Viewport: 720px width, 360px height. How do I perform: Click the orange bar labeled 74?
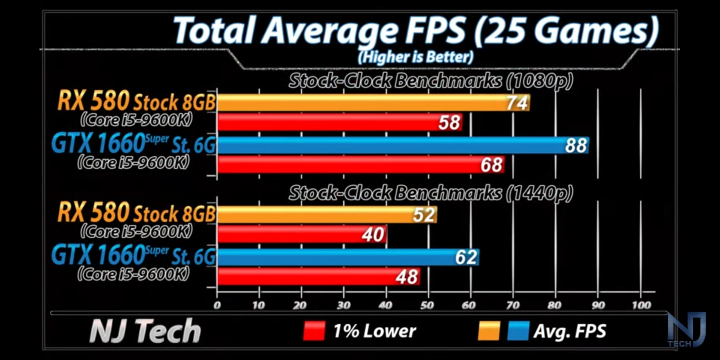click(372, 102)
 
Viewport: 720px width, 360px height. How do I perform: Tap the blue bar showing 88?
click(402, 145)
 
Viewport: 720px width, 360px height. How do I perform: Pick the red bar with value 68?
click(360, 164)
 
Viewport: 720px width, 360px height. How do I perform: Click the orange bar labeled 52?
click(326, 214)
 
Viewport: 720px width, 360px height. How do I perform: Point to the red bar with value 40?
click(301, 234)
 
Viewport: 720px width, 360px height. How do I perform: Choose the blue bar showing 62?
click(347, 257)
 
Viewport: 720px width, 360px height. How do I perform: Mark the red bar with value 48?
click(318, 276)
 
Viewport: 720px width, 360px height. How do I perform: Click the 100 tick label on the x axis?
click(641, 305)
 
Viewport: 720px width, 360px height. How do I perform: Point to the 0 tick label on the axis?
click(216, 305)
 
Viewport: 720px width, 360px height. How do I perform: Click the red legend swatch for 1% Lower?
click(314, 330)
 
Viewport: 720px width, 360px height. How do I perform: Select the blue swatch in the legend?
click(518, 330)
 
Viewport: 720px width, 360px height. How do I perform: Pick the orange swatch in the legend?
click(489, 330)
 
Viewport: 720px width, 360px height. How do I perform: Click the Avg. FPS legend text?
click(569, 330)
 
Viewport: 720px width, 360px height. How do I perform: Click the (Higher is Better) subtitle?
click(415, 56)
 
